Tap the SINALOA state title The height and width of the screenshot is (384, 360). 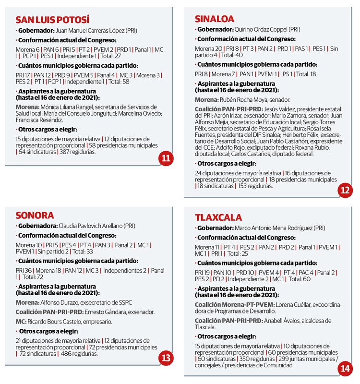coord(215,19)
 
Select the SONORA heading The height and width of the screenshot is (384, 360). coord(34,215)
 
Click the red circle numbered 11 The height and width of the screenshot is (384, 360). coord(166,159)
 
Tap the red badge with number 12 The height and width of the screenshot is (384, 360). coord(345,191)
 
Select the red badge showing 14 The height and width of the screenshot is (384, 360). coord(345,369)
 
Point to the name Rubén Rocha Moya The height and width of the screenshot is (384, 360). coord(243,99)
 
